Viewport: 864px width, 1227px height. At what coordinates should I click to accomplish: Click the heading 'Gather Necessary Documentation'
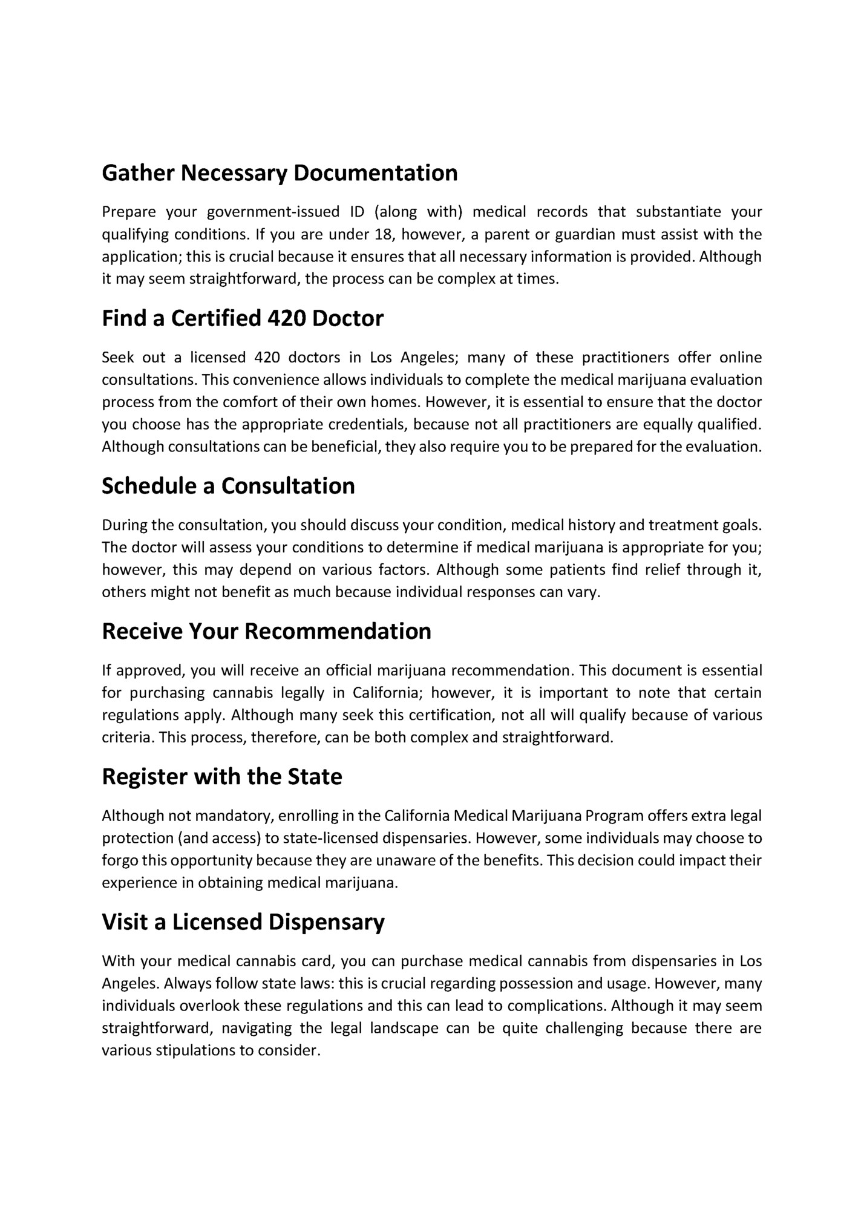pos(280,173)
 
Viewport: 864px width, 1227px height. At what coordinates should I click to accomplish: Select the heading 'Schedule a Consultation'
pos(228,486)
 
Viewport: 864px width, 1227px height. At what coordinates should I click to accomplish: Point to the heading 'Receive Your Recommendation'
pos(266,631)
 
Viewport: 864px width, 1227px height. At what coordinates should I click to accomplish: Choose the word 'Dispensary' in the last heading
pos(327,921)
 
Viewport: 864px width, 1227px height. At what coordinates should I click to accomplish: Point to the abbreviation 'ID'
pos(357,212)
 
